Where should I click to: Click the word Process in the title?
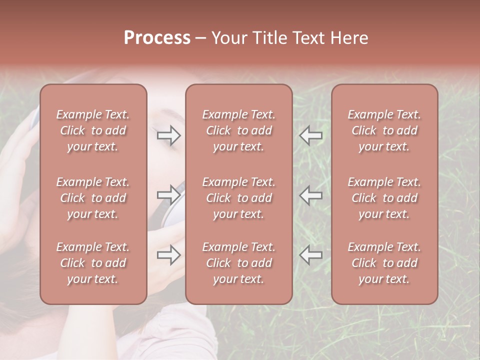pos(157,38)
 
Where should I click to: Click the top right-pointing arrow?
pos(169,135)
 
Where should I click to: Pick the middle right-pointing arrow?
pos(169,194)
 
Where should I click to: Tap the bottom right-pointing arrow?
pos(169,255)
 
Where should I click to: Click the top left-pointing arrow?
pos(311,135)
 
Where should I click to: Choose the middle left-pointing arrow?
pos(311,195)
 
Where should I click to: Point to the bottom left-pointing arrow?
pos(311,255)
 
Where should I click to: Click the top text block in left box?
pos(93,130)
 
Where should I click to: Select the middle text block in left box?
pos(93,198)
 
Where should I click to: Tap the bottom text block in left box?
pos(93,263)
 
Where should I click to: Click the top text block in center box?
pos(238,130)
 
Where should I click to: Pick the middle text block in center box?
pos(238,198)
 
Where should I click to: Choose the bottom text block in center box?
pos(238,263)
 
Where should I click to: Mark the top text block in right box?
pos(384,130)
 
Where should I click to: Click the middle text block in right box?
pos(384,198)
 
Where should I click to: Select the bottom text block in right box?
pos(384,263)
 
